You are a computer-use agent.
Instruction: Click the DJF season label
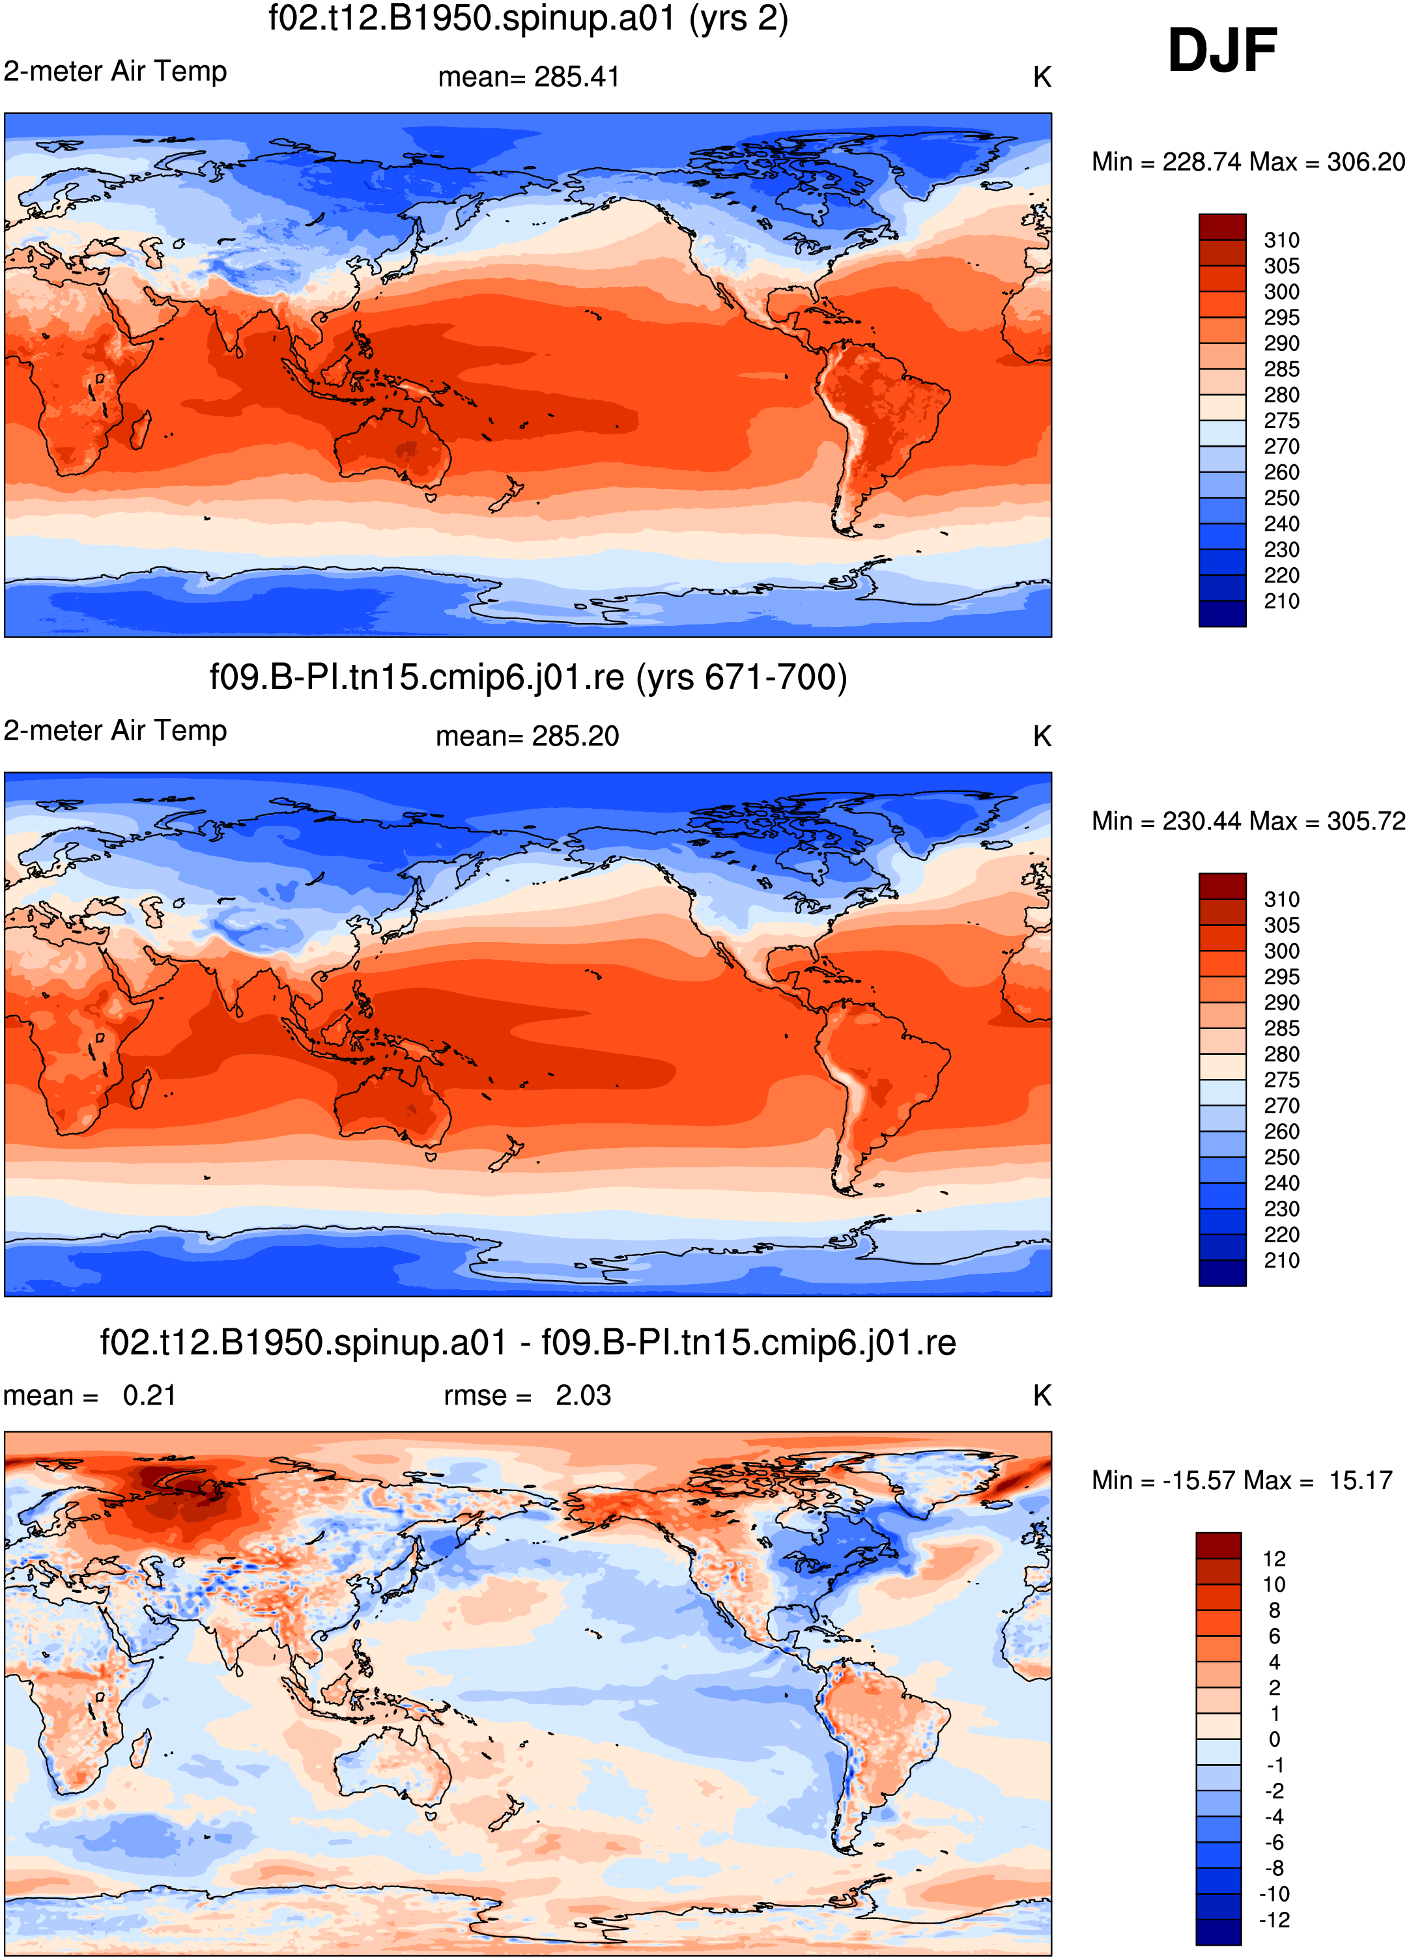pos(1221,50)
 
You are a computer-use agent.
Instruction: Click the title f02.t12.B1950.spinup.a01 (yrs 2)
pos(528,18)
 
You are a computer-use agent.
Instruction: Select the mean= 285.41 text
pos(529,77)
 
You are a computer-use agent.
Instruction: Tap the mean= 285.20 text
pos(527,736)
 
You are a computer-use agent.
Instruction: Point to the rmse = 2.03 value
pos(527,1395)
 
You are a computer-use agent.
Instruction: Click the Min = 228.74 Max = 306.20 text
pos(1248,161)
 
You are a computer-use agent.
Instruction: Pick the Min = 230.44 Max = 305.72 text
pos(1248,821)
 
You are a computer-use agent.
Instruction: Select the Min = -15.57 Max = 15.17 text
pos(1242,1480)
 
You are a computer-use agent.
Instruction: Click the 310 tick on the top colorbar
pos(1281,240)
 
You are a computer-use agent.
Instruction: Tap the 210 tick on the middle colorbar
pos(1281,1260)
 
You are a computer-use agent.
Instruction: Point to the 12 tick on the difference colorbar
pos(1274,1559)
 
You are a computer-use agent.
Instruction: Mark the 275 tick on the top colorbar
pos(1281,421)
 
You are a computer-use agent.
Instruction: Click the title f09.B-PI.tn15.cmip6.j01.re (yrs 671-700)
pos(528,677)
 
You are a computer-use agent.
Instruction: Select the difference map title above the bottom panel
pos(528,1343)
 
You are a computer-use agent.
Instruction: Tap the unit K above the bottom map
pos(1042,1395)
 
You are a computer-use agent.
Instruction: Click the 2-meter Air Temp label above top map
pos(115,71)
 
